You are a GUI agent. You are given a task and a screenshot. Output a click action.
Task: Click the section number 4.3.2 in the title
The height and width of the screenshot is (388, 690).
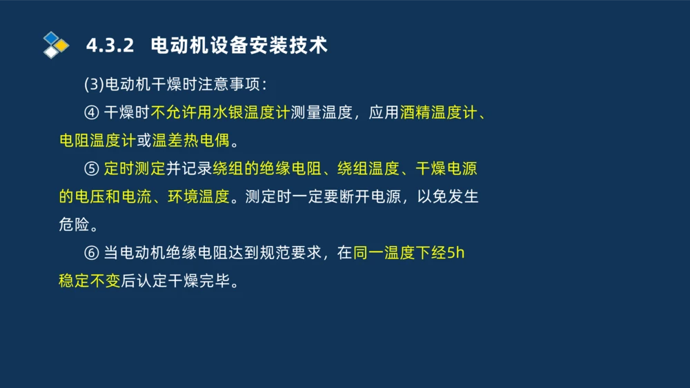109,45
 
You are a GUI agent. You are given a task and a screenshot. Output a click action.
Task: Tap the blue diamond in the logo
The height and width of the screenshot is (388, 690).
50,38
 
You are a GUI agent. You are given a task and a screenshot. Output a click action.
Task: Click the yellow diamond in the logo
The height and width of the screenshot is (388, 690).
62,45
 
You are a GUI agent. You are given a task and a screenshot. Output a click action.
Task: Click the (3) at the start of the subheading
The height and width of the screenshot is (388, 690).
93,85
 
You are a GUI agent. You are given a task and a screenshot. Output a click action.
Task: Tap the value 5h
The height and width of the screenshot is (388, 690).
456,253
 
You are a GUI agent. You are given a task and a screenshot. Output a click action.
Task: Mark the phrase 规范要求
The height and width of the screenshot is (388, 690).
291,253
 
